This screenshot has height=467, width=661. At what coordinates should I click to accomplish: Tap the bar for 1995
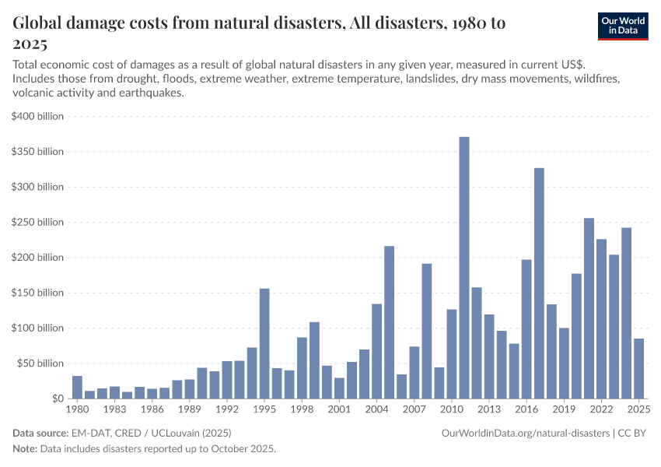(x=264, y=343)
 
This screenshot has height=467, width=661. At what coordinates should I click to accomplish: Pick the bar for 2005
(x=390, y=322)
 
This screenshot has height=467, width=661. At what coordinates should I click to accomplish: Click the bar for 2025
(x=638, y=368)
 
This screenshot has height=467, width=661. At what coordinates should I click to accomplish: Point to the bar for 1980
(x=77, y=387)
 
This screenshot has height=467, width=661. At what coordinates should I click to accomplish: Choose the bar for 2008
(x=427, y=331)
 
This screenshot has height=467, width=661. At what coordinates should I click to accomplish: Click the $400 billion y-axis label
(x=38, y=117)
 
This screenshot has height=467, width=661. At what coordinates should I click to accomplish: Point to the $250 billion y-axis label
(x=38, y=223)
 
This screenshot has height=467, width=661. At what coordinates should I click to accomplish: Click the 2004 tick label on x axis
(x=376, y=409)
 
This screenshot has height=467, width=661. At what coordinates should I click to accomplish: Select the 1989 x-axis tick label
(x=189, y=409)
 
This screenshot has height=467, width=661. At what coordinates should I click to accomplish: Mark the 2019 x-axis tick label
(x=564, y=409)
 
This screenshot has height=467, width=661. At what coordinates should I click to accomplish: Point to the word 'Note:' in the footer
(x=26, y=449)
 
